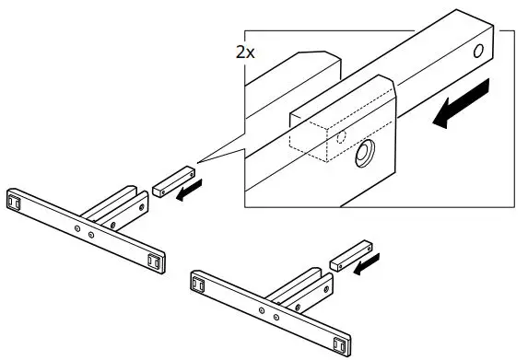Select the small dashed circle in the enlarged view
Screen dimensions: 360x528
click(341, 135)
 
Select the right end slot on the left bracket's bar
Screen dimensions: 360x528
click(156, 260)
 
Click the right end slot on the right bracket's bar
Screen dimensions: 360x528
click(338, 345)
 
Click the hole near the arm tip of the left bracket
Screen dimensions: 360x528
click(114, 223)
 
